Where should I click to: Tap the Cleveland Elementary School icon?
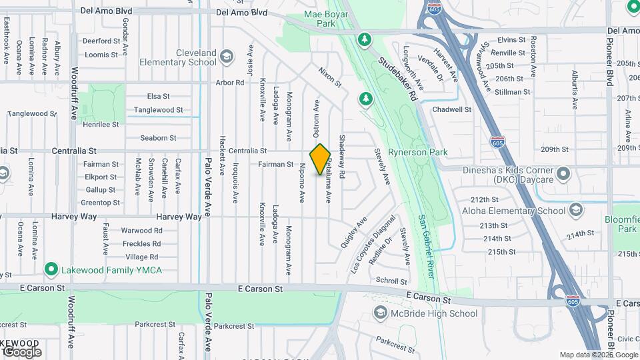[226, 55]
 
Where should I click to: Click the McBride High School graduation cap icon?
[380, 313]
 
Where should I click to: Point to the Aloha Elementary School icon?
[574, 211]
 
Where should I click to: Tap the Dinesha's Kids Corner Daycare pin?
[564, 174]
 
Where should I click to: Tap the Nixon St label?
[329, 77]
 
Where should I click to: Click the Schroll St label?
[391, 281]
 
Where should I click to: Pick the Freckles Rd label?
[141, 243]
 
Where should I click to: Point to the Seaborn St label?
[158, 138]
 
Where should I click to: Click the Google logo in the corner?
[21, 351]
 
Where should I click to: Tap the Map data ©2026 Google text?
[598, 355]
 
